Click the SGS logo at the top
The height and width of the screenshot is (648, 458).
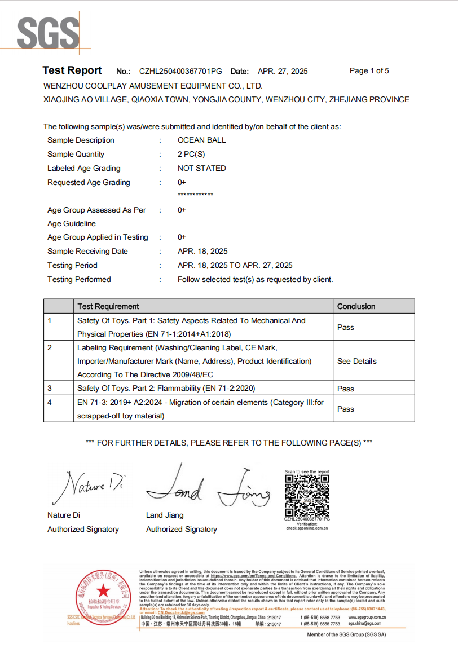click(x=48, y=32)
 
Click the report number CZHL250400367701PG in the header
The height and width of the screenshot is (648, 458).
click(x=180, y=72)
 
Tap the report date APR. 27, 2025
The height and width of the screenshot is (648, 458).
click(x=283, y=72)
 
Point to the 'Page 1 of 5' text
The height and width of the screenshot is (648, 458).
click(x=369, y=71)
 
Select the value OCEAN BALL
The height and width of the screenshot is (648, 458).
click(x=201, y=140)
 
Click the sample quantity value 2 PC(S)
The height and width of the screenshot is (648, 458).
click(x=191, y=155)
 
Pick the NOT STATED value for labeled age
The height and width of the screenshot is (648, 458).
click(x=201, y=169)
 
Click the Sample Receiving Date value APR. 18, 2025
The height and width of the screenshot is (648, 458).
click(x=202, y=252)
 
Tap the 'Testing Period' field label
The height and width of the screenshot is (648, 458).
click(x=72, y=266)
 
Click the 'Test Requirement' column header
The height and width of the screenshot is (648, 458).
click(x=108, y=307)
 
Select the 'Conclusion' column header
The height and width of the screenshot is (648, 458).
click(x=356, y=307)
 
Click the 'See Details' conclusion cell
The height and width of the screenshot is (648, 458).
click(x=356, y=362)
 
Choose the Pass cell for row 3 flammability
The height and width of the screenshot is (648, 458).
click(x=345, y=389)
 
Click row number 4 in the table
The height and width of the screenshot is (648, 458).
click(x=50, y=403)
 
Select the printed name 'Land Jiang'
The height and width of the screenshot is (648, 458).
click(x=165, y=515)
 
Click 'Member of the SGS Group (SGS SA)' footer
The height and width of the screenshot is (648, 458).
click(x=346, y=635)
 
